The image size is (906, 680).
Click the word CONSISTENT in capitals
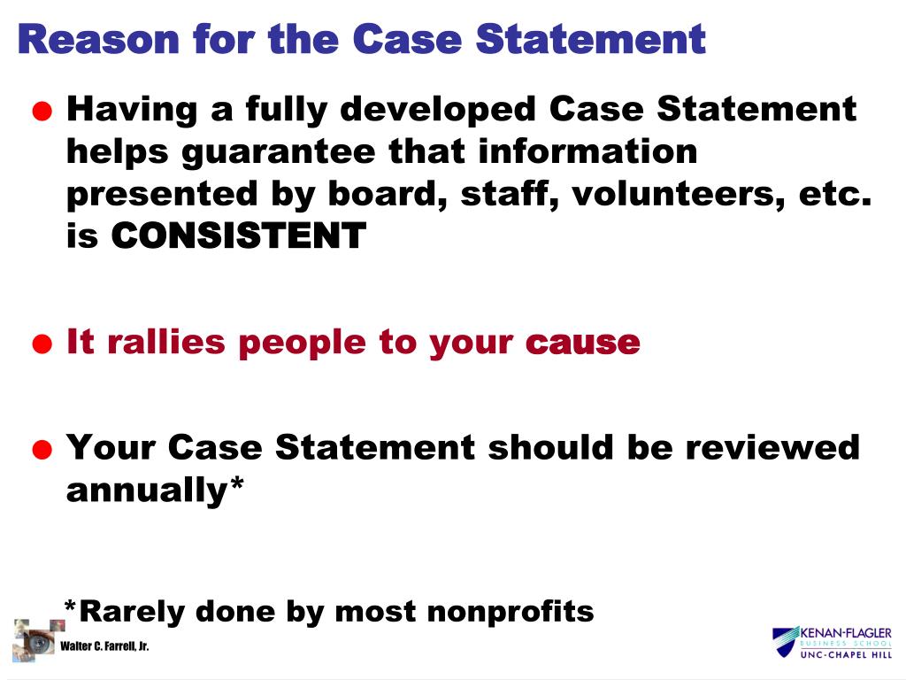coord(239,236)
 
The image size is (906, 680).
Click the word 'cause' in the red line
coord(582,343)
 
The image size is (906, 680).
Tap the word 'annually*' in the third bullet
coord(155,490)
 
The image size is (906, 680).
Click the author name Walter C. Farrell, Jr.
coord(104,646)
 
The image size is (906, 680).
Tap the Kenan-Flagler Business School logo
coord(831,642)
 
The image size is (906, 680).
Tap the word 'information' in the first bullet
coord(587,151)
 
